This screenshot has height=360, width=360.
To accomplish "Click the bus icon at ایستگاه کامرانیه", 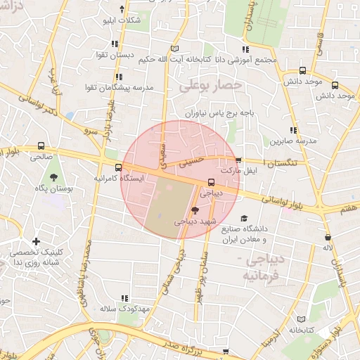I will (117, 167).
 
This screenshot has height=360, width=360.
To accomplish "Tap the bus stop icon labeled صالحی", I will (40, 146).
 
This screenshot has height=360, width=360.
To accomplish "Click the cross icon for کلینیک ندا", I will (36, 242).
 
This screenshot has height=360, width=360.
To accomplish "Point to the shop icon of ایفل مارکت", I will (238, 160).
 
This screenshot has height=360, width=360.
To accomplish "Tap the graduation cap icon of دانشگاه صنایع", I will (244, 219).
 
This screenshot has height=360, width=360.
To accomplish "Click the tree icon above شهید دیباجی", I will (195, 210).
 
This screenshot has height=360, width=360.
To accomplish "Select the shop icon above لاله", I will (328, 237).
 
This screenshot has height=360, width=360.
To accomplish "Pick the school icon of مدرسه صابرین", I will (293, 130).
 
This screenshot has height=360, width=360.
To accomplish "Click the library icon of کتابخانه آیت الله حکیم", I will (175, 49).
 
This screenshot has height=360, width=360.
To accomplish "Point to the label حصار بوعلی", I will (210, 86).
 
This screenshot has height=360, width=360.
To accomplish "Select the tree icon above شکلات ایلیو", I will (123, 8).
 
